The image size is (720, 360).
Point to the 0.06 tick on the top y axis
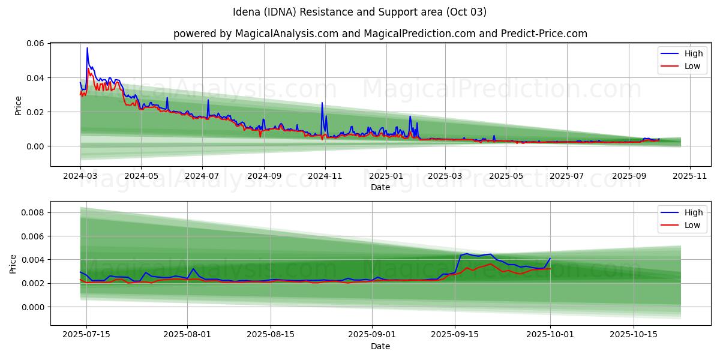35,43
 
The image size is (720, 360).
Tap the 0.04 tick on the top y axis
35,78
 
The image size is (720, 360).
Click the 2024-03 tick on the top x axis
80,177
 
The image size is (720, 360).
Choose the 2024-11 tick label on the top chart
325,177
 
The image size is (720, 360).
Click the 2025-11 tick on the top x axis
690,177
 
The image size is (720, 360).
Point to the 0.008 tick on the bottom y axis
32,212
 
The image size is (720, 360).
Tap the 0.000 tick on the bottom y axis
32,307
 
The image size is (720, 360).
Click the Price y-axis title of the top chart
18,105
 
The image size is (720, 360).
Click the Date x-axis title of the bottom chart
380,346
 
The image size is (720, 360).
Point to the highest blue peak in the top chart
87,48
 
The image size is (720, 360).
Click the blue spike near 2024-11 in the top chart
322,103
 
